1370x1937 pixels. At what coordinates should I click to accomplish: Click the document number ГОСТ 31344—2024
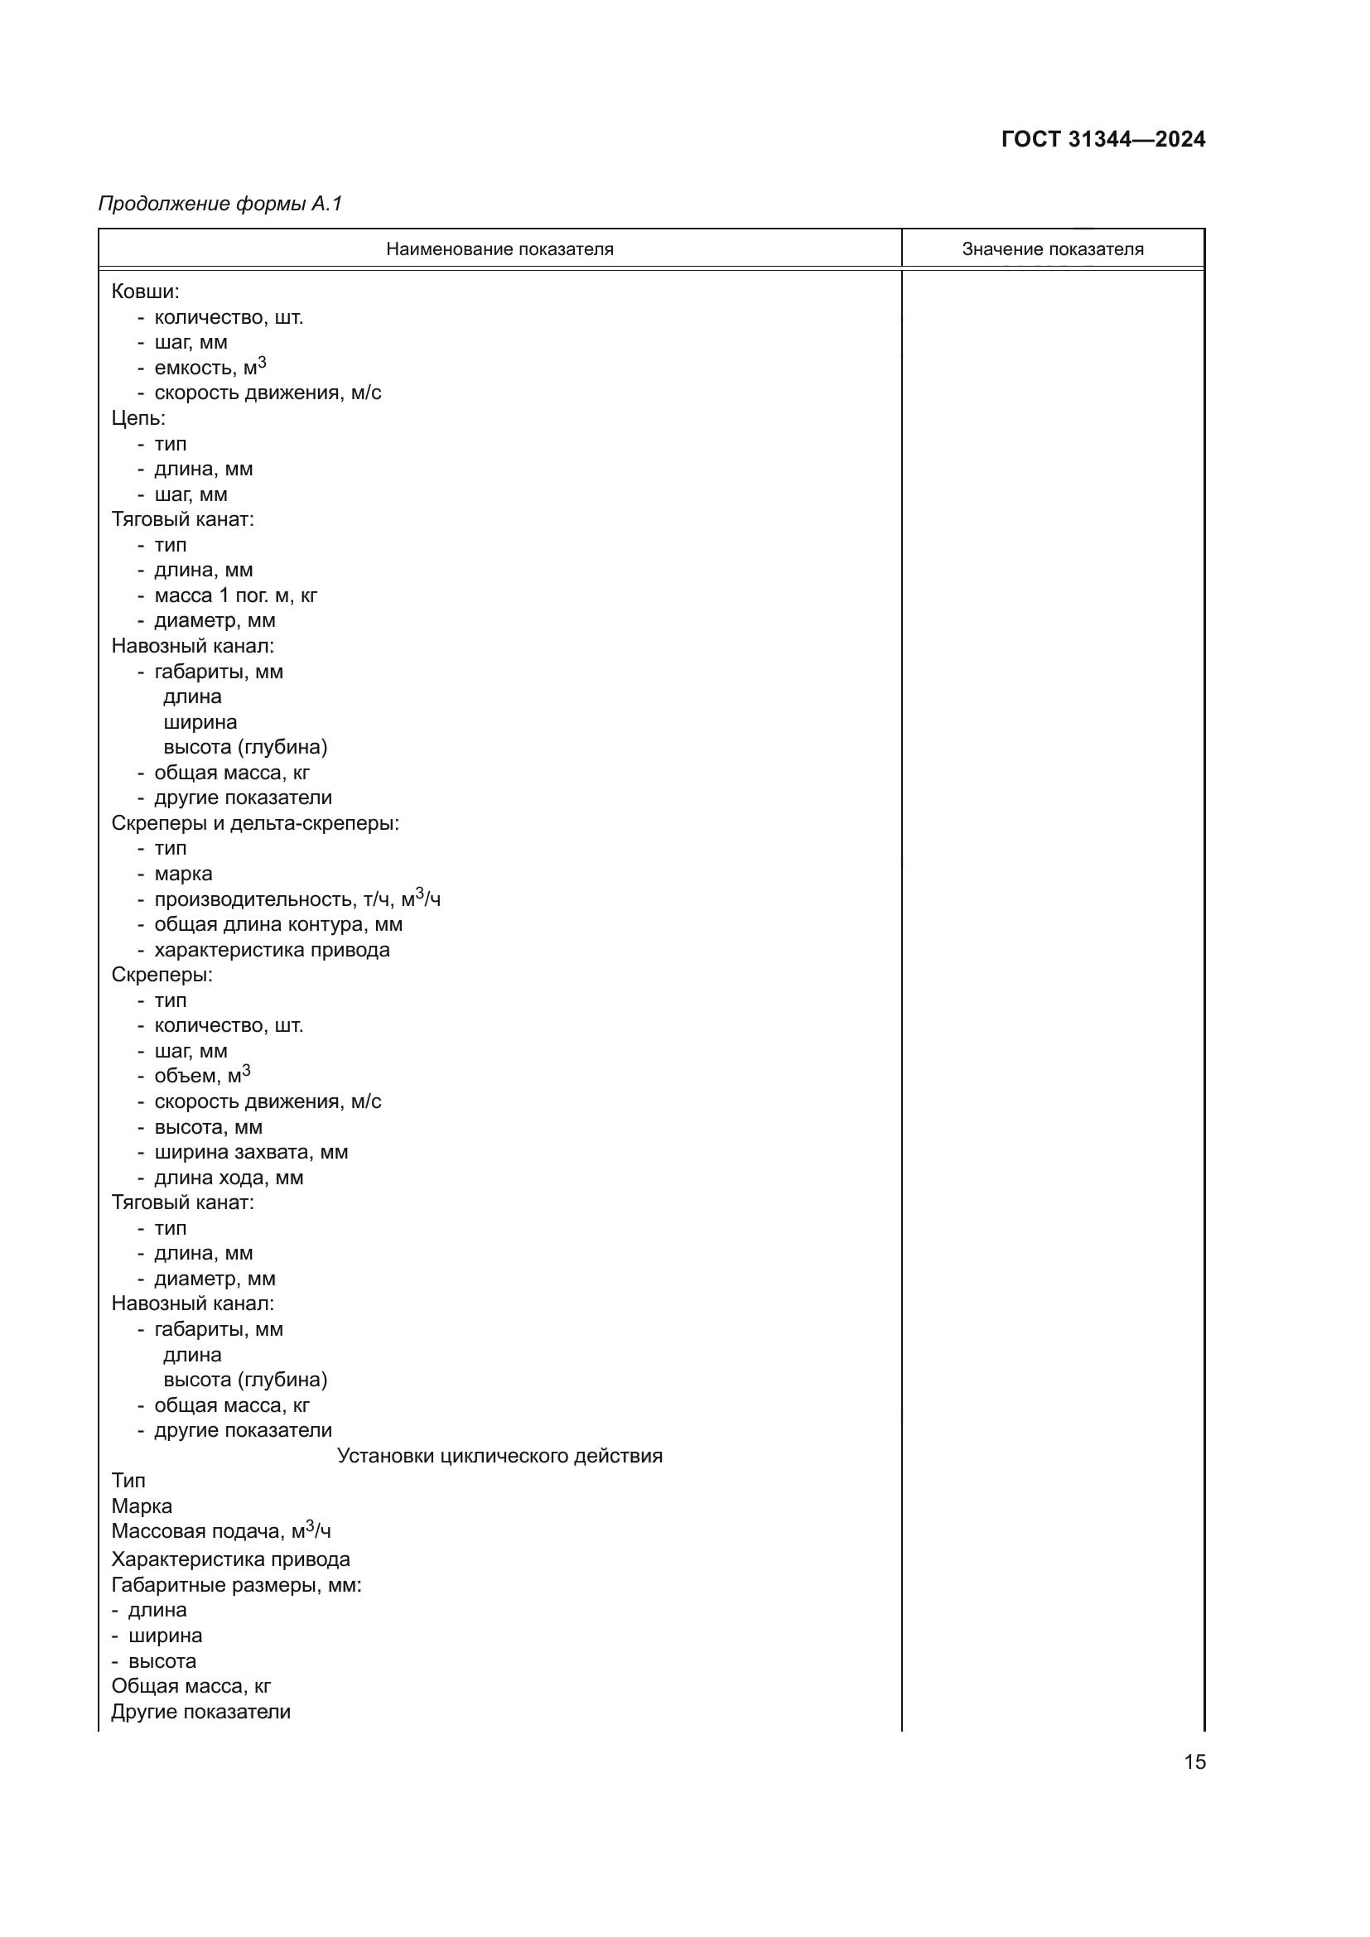click(1102, 139)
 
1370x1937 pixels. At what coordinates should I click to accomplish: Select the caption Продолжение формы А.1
click(220, 204)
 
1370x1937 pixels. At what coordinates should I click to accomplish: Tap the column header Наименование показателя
click(499, 249)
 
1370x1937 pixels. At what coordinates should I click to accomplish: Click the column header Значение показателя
click(1052, 249)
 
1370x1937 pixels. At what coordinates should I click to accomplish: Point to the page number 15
click(1194, 1761)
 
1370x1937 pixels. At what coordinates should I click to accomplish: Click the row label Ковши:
click(145, 292)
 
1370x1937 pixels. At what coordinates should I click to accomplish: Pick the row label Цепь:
click(138, 418)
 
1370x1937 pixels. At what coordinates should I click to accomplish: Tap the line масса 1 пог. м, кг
click(235, 595)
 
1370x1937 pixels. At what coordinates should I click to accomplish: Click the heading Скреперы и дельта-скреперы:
click(255, 822)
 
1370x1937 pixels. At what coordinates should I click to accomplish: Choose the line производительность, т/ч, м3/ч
click(297, 899)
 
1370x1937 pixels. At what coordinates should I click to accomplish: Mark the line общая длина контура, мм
click(278, 924)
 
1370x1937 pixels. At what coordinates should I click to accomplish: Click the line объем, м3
click(202, 1076)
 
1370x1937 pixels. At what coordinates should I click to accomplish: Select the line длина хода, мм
click(229, 1177)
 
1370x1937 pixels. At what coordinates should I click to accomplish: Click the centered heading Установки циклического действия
click(499, 1455)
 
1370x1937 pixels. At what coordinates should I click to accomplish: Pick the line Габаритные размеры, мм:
click(236, 1584)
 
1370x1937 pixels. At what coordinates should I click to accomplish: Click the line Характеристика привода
click(230, 1559)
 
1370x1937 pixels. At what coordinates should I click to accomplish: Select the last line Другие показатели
click(200, 1711)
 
